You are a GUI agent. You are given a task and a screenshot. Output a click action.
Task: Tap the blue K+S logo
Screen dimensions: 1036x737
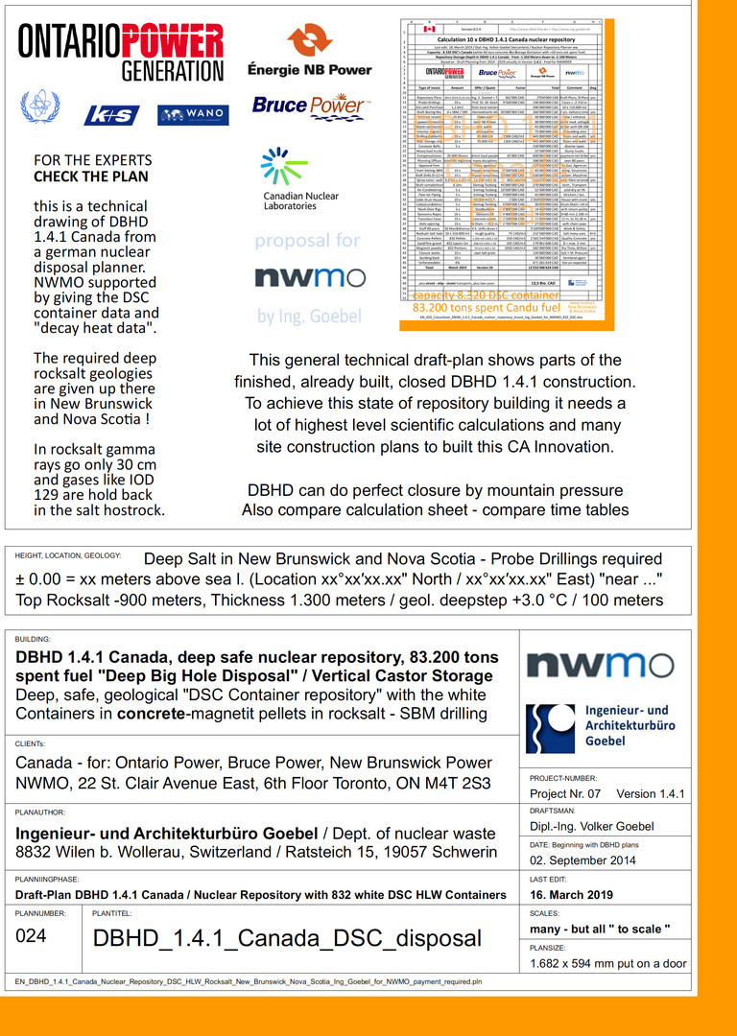(113, 115)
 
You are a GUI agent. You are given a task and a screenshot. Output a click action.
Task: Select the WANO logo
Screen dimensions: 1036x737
(193, 115)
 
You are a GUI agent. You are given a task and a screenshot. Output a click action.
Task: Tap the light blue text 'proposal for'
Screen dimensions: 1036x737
(308, 241)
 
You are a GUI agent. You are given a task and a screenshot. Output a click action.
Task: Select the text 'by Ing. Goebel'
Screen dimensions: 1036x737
(308, 315)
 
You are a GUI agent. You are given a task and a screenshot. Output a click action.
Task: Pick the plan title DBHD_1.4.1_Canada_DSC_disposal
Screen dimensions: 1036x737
(287, 937)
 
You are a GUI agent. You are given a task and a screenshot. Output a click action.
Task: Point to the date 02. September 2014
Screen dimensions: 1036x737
(583, 860)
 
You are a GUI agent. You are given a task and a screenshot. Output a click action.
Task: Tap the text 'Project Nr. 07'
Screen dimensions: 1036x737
(566, 793)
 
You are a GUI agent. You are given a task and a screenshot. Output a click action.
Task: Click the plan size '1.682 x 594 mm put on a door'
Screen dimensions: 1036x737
(608, 963)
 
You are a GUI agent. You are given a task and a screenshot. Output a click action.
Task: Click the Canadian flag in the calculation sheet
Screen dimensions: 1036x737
(429, 29)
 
